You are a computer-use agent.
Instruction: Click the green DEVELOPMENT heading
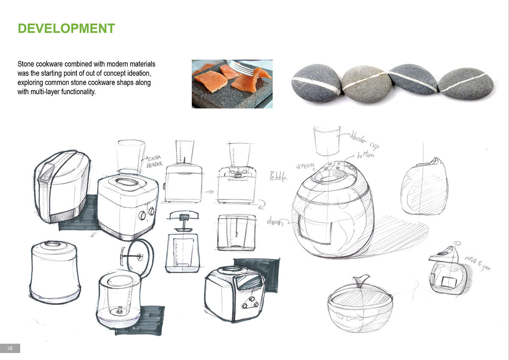pyautogui.click(x=66, y=28)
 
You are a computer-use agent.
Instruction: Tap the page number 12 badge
pyautogui.click(x=10, y=348)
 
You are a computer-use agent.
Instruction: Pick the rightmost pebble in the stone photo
pyautogui.click(x=465, y=84)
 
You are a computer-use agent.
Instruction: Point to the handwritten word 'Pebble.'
pyautogui.click(x=278, y=176)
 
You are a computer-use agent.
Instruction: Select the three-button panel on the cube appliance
pyautogui.click(x=249, y=304)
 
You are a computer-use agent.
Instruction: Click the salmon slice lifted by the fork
pyautogui.click(x=255, y=79)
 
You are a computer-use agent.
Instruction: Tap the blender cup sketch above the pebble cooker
pyautogui.click(x=327, y=140)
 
